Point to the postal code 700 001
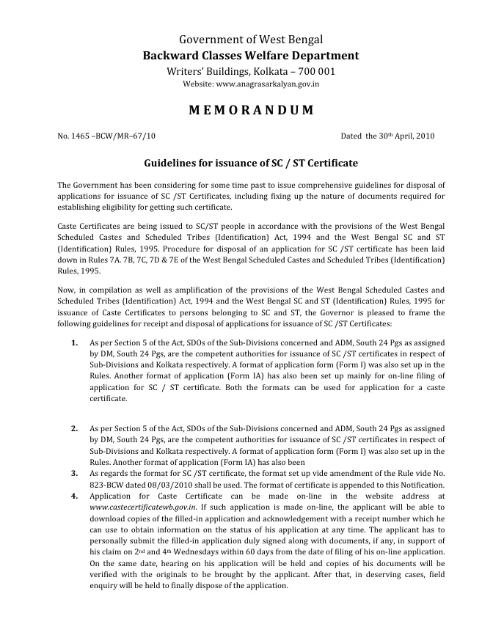click(318, 71)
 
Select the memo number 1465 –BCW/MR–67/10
click(106, 136)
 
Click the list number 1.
click(75, 343)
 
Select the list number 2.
click(75, 428)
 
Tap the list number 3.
click(75, 474)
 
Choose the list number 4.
click(75, 496)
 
